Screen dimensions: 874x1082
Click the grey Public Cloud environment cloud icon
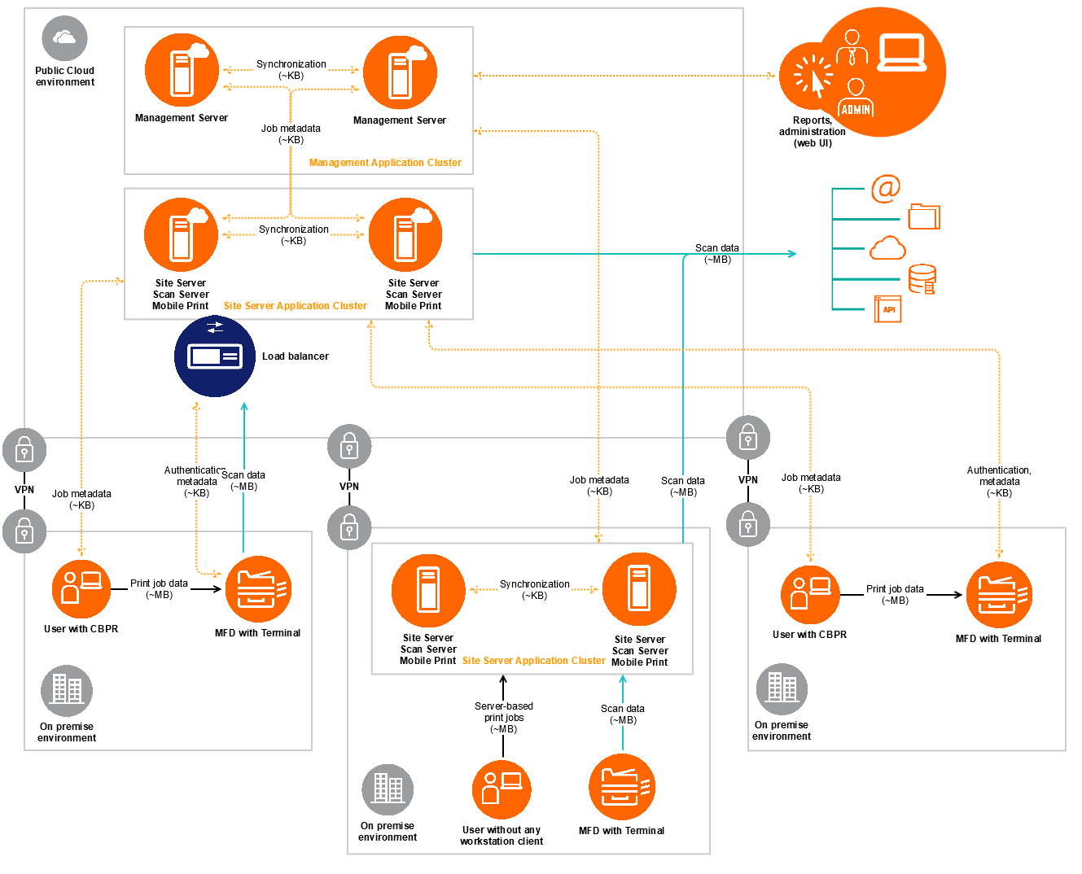64,38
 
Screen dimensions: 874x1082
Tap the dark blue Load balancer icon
215,356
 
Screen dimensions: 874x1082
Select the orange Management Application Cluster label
385,163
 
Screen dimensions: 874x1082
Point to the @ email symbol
886,189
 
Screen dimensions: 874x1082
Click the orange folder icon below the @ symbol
924,216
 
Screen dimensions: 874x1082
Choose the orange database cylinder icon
922,278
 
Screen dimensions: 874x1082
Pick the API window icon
887,309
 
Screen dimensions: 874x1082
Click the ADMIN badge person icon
856,98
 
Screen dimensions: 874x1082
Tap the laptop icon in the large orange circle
902,53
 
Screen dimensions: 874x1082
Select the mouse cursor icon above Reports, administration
814,77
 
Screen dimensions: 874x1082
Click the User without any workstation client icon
502,789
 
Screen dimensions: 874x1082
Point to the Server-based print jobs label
504,718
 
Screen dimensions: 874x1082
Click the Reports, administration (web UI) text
813,132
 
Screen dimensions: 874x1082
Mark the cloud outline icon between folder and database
887,248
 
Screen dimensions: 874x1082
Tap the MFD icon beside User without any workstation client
622,787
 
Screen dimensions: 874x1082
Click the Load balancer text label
295,356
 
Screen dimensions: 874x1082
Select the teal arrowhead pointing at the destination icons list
792,254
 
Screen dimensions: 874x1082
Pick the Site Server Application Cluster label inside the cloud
295,306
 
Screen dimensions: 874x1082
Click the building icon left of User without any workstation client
388,789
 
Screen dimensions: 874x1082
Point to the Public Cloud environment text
65,76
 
